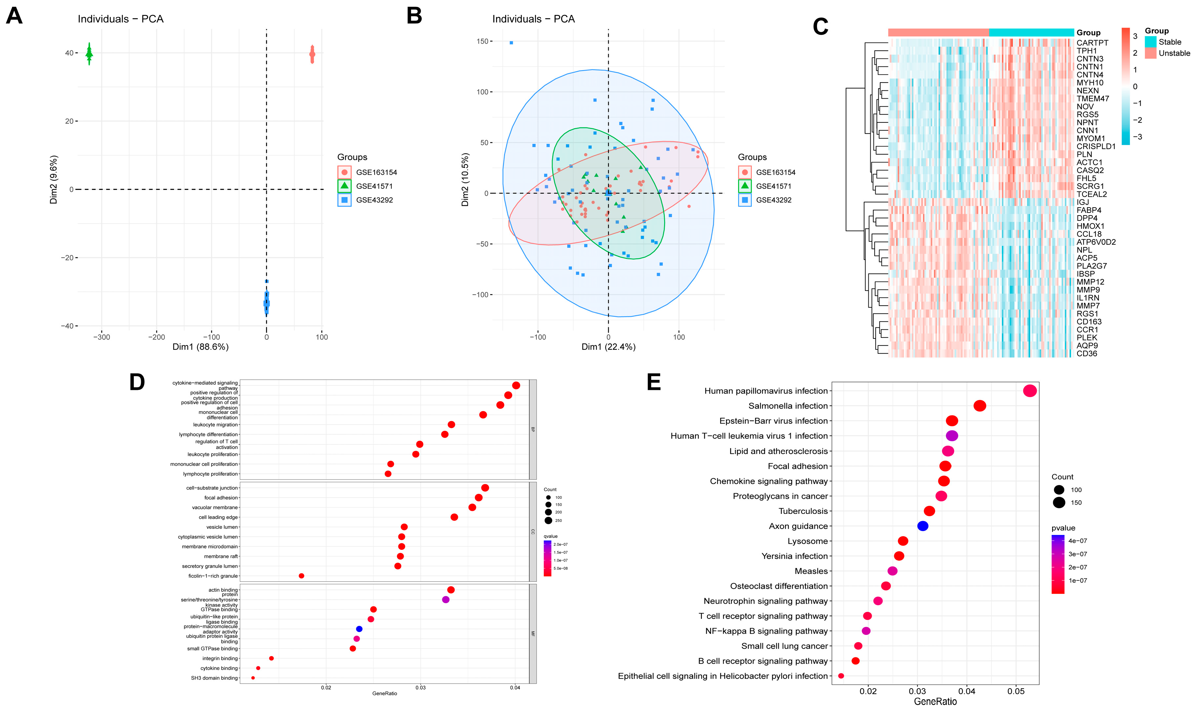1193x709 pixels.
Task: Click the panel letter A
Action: point(14,16)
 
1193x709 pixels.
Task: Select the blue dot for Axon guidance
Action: point(922,526)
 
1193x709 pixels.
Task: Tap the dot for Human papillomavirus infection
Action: point(1030,391)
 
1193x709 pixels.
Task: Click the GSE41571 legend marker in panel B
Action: point(745,186)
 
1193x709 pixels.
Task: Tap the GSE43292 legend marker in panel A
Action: point(344,200)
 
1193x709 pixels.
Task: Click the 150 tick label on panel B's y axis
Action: point(482,41)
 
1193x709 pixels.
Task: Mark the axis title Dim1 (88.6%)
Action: point(201,347)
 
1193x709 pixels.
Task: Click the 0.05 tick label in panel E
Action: point(1016,691)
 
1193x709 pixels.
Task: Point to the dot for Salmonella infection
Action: point(980,406)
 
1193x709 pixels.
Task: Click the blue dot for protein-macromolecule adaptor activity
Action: point(359,629)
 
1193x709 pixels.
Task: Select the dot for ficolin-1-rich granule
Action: point(301,576)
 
